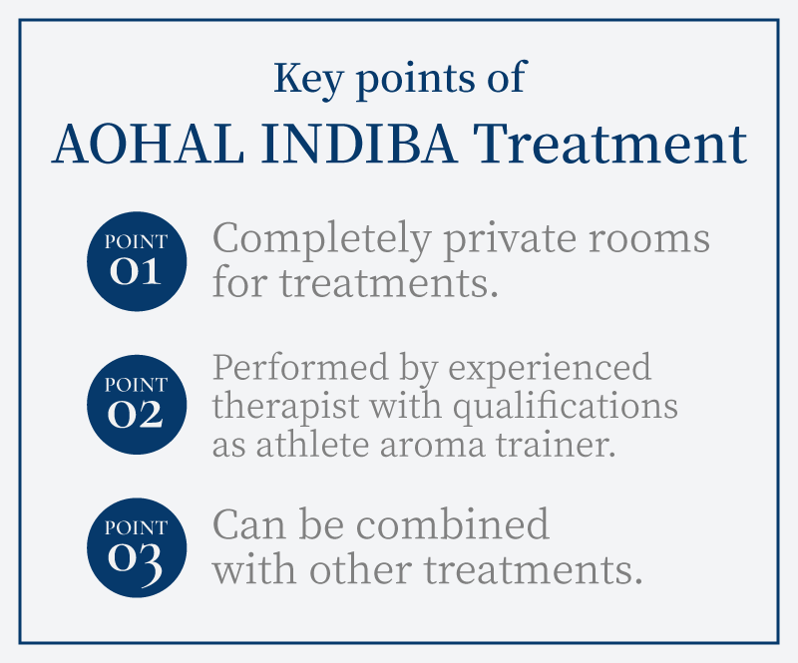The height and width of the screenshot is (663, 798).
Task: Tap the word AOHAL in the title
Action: click(x=148, y=145)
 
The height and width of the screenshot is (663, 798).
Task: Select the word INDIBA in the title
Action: click(x=359, y=145)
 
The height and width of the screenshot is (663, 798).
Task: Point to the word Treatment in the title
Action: click(x=609, y=145)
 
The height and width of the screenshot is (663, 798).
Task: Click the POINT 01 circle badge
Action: click(x=137, y=261)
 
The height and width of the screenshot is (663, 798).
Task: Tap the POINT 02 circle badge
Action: click(x=137, y=405)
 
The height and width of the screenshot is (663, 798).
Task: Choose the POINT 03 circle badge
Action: click(x=137, y=547)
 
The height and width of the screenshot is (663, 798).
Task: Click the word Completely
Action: click(x=322, y=239)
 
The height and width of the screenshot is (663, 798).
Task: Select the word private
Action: click(x=511, y=239)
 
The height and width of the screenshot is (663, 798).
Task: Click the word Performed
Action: click(x=300, y=367)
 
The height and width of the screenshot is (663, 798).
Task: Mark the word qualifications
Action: click(x=566, y=408)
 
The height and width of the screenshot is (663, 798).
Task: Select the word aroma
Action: click(x=432, y=448)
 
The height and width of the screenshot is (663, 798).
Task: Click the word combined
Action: click(x=453, y=524)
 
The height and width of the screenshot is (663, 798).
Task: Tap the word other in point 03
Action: click(x=360, y=569)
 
